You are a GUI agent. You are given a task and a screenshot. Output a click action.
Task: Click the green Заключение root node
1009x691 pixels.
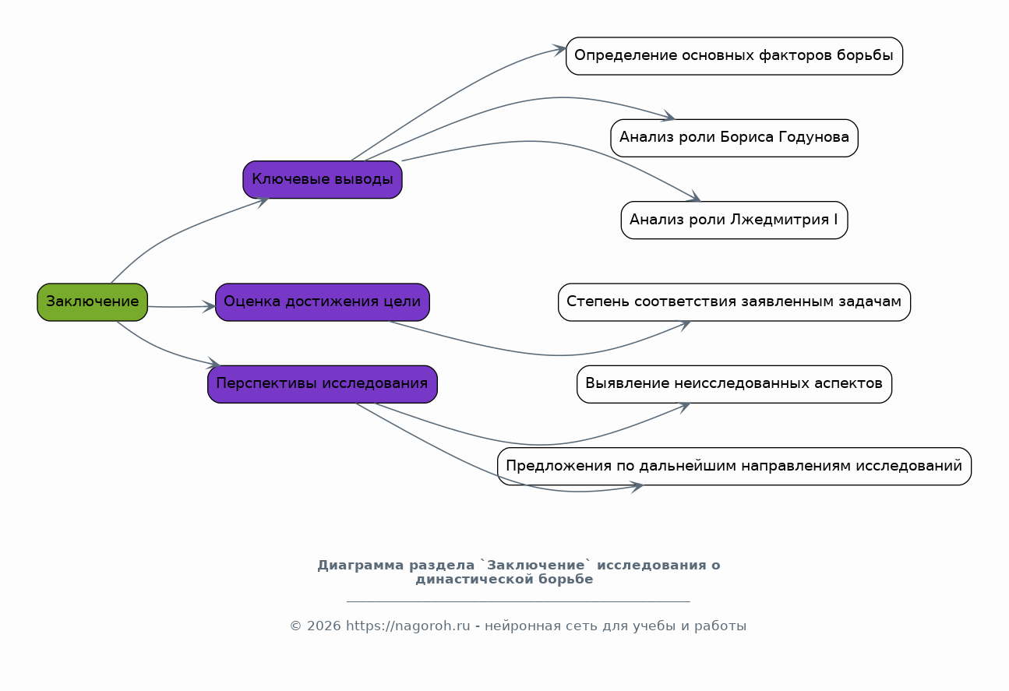click(93, 301)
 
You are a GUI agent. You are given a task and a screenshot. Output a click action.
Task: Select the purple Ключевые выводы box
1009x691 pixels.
click(322, 179)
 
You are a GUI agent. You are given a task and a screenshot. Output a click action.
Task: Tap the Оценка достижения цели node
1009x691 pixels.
click(322, 301)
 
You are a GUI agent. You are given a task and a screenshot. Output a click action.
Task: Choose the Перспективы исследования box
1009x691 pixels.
click(322, 384)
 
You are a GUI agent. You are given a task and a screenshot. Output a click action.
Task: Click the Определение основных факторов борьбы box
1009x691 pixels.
click(734, 56)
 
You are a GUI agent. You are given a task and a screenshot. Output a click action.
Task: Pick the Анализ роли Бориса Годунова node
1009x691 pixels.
click(734, 138)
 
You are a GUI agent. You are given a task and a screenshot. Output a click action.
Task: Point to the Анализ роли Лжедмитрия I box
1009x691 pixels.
click(734, 220)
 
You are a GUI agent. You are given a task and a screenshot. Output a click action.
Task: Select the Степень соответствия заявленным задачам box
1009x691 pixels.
click(734, 301)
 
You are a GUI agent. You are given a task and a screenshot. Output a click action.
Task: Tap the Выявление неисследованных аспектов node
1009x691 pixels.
click(734, 384)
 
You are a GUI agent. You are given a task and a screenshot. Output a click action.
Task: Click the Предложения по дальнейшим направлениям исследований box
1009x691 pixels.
click(734, 466)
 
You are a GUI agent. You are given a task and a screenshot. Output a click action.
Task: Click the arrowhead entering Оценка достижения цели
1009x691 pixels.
click(210, 307)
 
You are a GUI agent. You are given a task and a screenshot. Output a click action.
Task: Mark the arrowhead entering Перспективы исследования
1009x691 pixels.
click(213, 362)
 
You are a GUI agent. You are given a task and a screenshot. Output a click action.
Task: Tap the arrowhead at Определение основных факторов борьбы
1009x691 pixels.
click(559, 49)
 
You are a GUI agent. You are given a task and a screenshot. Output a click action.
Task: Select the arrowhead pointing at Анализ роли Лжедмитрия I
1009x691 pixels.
click(695, 196)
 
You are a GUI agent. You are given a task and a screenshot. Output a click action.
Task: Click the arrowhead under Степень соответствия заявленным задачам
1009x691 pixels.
click(685, 325)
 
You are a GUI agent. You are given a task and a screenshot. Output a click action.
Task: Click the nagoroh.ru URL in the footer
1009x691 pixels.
click(408, 626)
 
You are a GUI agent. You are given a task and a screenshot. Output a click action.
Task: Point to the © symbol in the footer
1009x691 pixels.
click(295, 626)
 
